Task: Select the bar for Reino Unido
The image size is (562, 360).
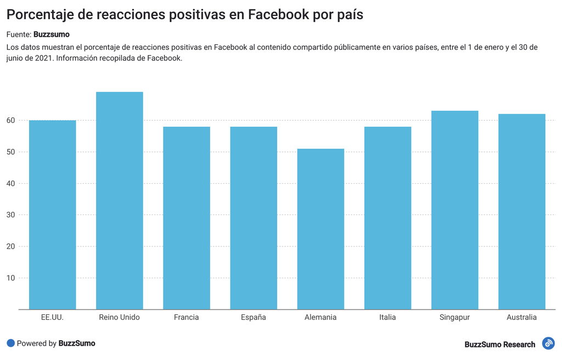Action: tap(119, 200)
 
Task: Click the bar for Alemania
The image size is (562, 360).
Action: tap(321, 229)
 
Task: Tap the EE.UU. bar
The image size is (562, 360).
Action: tap(52, 215)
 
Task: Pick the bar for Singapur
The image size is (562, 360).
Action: tap(454, 210)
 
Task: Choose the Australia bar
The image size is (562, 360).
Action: tap(521, 211)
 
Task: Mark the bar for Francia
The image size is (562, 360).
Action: tap(186, 218)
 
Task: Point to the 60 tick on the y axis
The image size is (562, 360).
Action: tap(10, 120)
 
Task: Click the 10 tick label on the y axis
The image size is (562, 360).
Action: tap(10, 278)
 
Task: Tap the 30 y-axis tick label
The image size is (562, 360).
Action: tap(10, 215)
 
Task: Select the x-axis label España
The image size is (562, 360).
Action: tap(254, 317)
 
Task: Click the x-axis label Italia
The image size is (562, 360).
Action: tap(387, 317)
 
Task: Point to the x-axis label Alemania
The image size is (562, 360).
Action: tap(321, 317)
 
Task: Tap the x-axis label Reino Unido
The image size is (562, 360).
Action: tap(119, 317)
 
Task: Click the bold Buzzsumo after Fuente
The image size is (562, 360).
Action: tap(52, 35)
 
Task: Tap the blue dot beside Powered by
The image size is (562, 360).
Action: tap(10, 343)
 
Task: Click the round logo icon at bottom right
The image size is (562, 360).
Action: tap(548, 344)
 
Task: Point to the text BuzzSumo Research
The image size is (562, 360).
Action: tap(499, 344)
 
